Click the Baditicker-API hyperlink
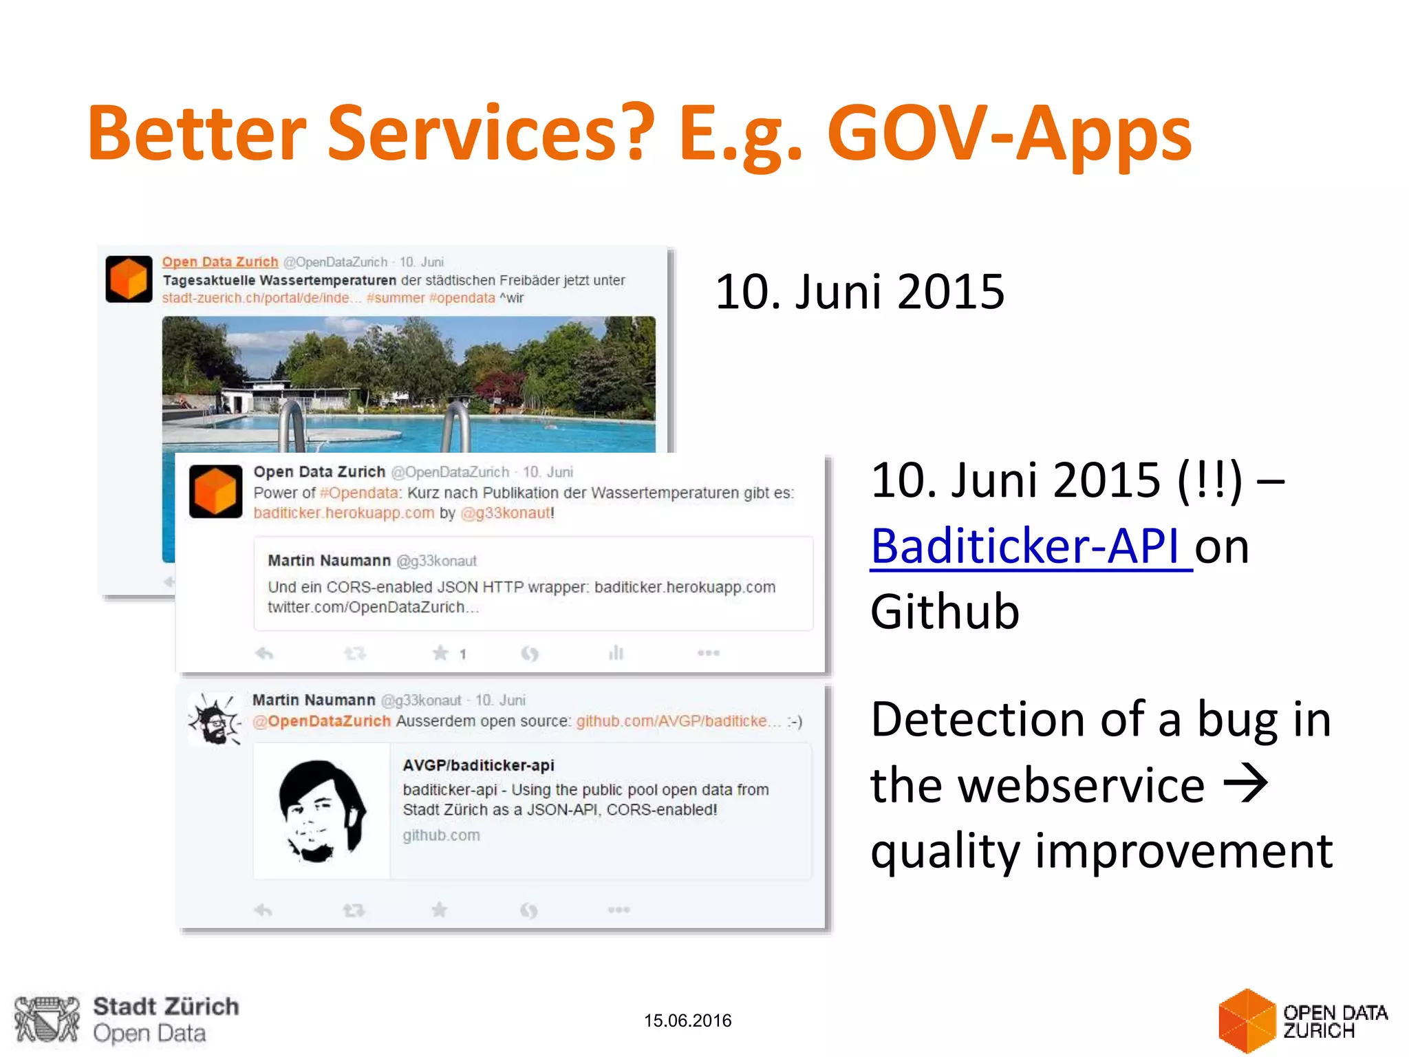point(1030,546)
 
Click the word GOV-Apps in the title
point(1009,133)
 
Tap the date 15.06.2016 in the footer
point(687,1021)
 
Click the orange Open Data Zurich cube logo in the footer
point(1246,1021)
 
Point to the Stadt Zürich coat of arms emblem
point(47,1019)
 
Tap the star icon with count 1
point(440,653)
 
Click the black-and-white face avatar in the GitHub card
point(321,811)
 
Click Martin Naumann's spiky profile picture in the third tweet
point(215,720)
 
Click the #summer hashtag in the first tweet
point(395,298)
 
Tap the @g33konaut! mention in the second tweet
point(507,513)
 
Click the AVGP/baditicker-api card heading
point(478,765)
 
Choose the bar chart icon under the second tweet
point(616,652)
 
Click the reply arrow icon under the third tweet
point(263,910)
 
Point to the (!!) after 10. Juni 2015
point(1209,480)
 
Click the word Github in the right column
point(945,611)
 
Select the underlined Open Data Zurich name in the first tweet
point(220,261)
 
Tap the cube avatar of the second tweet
point(215,491)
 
